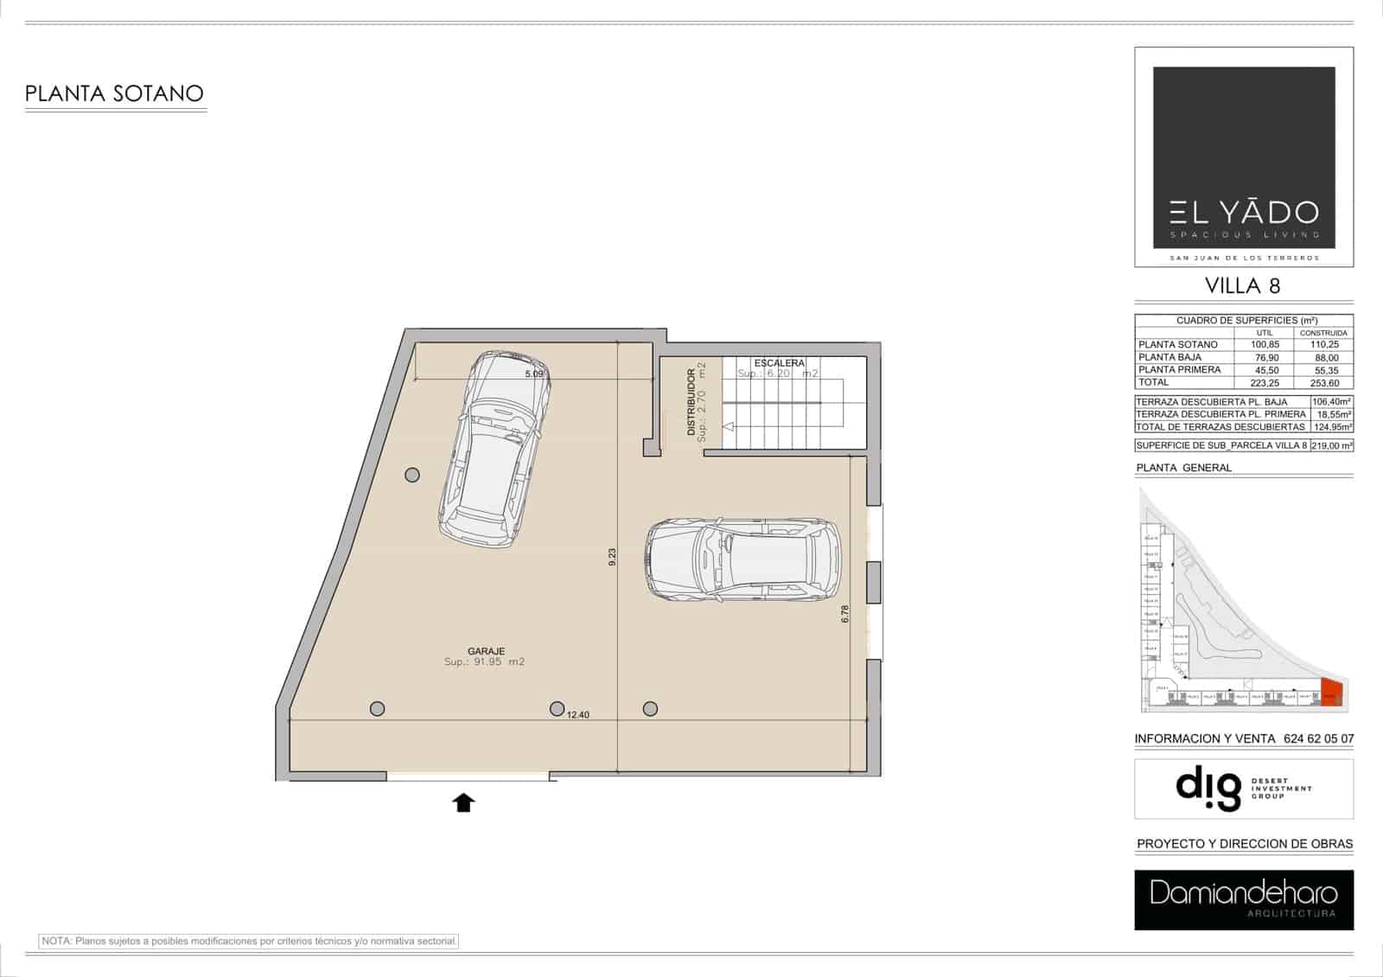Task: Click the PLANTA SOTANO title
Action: (x=114, y=93)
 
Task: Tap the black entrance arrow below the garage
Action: (x=464, y=803)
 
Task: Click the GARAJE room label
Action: (x=486, y=651)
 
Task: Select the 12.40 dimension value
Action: (x=578, y=715)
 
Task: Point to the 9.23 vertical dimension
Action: (x=612, y=557)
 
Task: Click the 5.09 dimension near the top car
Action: (x=534, y=374)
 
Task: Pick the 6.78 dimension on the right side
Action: (x=845, y=614)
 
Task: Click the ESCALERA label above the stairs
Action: (x=779, y=363)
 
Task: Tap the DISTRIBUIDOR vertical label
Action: (x=691, y=402)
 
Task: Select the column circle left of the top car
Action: (x=412, y=475)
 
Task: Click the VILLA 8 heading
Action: (x=1243, y=285)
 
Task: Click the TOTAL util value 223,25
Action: (x=1266, y=382)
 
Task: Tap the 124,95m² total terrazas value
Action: (x=1331, y=427)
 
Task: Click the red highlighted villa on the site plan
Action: (x=1331, y=693)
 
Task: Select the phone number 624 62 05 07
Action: (x=1319, y=739)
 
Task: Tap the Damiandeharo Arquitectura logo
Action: (x=1243, y=900)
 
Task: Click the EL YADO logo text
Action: (x=1244, y=213)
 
